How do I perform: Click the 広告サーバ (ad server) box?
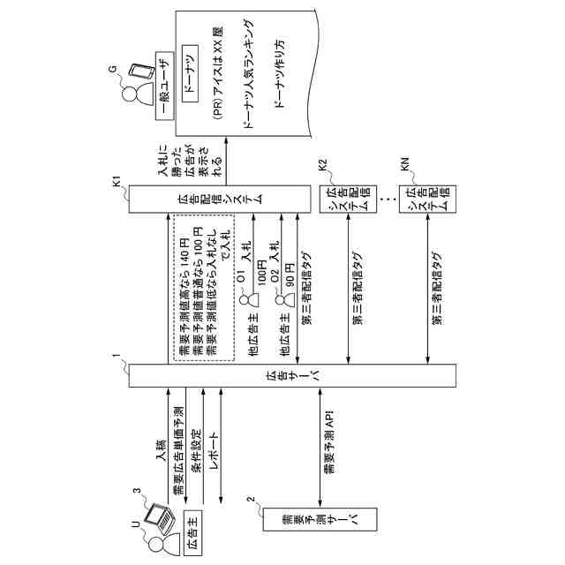(292, 374)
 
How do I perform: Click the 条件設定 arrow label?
(197, 451)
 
